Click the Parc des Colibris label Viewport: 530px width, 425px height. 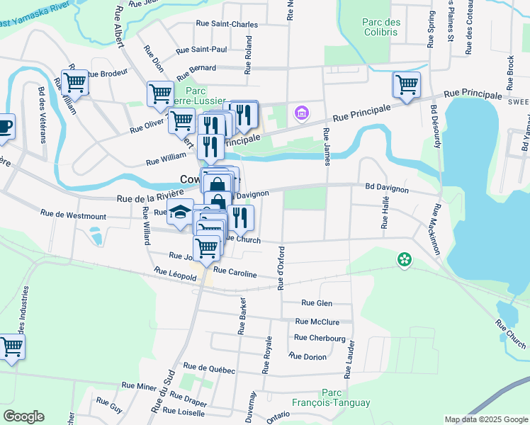pos(381,28)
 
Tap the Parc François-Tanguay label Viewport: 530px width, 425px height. pos(346,397)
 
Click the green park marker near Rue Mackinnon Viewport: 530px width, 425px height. pos(404,261)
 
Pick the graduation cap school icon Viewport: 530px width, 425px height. pos(180,212)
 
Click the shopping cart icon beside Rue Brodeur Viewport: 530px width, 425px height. pos(74,82)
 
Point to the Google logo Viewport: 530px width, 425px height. pos(23,416)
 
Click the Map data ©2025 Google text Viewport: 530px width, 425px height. pos(485,419)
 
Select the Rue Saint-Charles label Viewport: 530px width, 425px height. pos(227,24)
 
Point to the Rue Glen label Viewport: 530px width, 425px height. pos(317,302)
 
